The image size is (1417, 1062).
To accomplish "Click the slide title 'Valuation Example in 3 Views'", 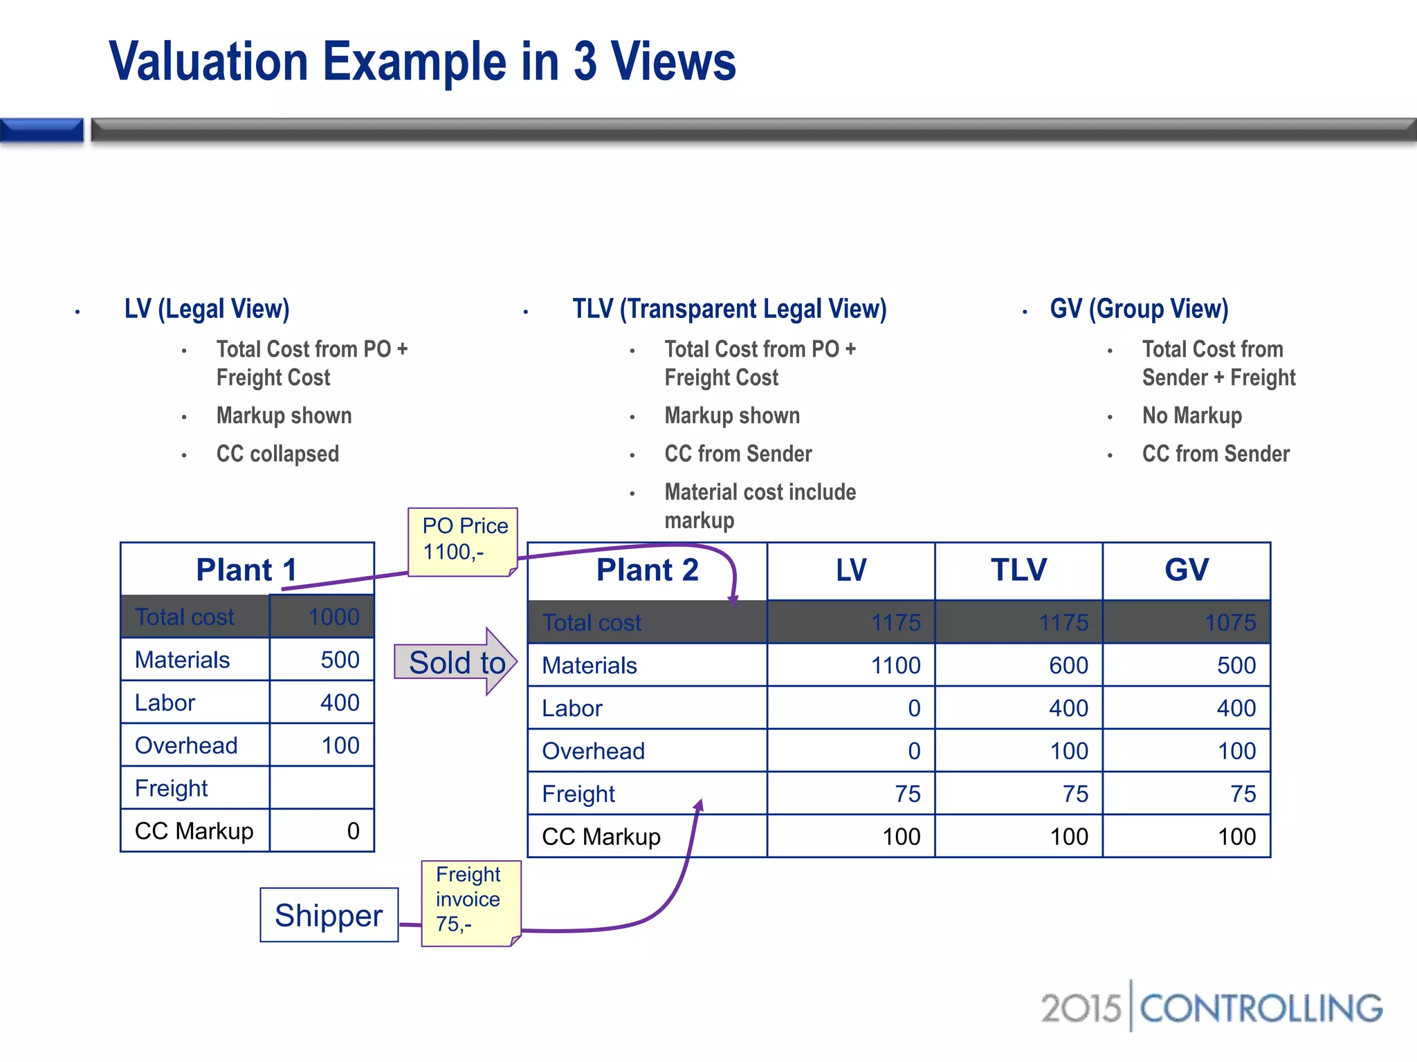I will pos(422,62).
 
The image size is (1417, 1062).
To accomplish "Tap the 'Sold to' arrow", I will pos(456,662).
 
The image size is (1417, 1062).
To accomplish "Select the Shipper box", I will pos(329,915).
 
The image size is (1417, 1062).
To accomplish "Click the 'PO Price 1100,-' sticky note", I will pos(463,541).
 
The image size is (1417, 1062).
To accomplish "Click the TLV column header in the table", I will pos(1018,570).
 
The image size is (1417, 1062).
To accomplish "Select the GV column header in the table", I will pos(1187,570).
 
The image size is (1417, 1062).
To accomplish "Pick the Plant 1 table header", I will pos(247,570).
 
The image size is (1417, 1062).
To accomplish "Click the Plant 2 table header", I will pos(647,570).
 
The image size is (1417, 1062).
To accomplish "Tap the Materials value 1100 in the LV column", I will pos(895,665).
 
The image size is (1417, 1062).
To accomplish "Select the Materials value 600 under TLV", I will pos(1068,665).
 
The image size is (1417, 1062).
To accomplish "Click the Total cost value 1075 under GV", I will pos(1230,622).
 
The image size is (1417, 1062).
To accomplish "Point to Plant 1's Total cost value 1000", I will pos(333,617).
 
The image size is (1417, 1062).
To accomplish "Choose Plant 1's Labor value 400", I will pos(340,702).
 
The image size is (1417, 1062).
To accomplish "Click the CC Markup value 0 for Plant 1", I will pos(353,830).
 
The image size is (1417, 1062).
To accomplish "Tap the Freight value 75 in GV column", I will pos(1243,794).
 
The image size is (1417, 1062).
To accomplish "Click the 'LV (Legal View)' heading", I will pos(207,309).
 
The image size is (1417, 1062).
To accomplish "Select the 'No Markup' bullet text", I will pos(1191,416).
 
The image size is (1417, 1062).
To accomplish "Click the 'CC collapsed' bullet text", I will pos(277,454).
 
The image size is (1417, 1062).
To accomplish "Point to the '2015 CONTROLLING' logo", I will pos(1211,1008).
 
